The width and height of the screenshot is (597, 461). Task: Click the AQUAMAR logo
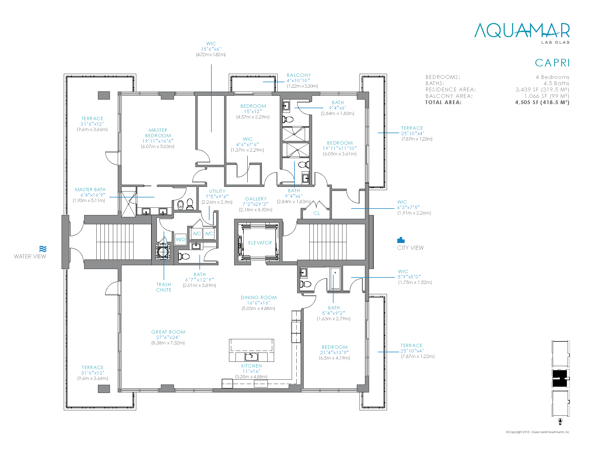pyautogui.click(x=522, y=33)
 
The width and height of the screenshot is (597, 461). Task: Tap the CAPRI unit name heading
pyautogui.click(x=552, y=63)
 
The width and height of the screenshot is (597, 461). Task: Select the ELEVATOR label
pyautogui.click(x=260, y=242)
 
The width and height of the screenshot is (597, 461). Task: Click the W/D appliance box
pyautogui.click(x=180, y=239)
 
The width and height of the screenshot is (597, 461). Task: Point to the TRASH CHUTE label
pyautogui.click(x=164, y=287)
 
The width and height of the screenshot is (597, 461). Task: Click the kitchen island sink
pyautogui.click(x=251, y=356)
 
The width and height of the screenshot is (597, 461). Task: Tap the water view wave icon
pyautogui.click(x=43, y=249)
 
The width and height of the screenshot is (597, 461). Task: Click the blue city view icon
pyautogui.click(x=401, y=240)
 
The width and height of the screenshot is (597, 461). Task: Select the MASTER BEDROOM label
pyautogui.click(x=158, y=133)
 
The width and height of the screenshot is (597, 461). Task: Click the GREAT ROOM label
pyautogui.click(x=169, y=332)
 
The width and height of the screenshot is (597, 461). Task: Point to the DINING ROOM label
pyautogui.click(x=259, y=297)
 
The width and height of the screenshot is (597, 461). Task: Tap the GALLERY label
pyautogui.click(x=256, y=199)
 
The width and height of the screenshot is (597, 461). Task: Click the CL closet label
pyautogui.click(x=316, y=213)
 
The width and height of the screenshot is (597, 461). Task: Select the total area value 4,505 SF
pyautogui.click(x=542, y=103)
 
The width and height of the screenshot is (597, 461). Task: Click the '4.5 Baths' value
pyautogui.click(x=556, y=83)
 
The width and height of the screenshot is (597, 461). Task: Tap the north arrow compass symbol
pyautogui.click(x=560, y=422)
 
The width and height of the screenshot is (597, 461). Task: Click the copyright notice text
pyautogui.click(x=538, y=432)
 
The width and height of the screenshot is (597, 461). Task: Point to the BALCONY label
pyautogui.click(x=299, y=75)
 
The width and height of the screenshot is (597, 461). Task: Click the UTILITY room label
pyautogui.click(x=217, y=191)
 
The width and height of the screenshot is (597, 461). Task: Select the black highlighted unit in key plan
pyautogui.click(x=560, y=378)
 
